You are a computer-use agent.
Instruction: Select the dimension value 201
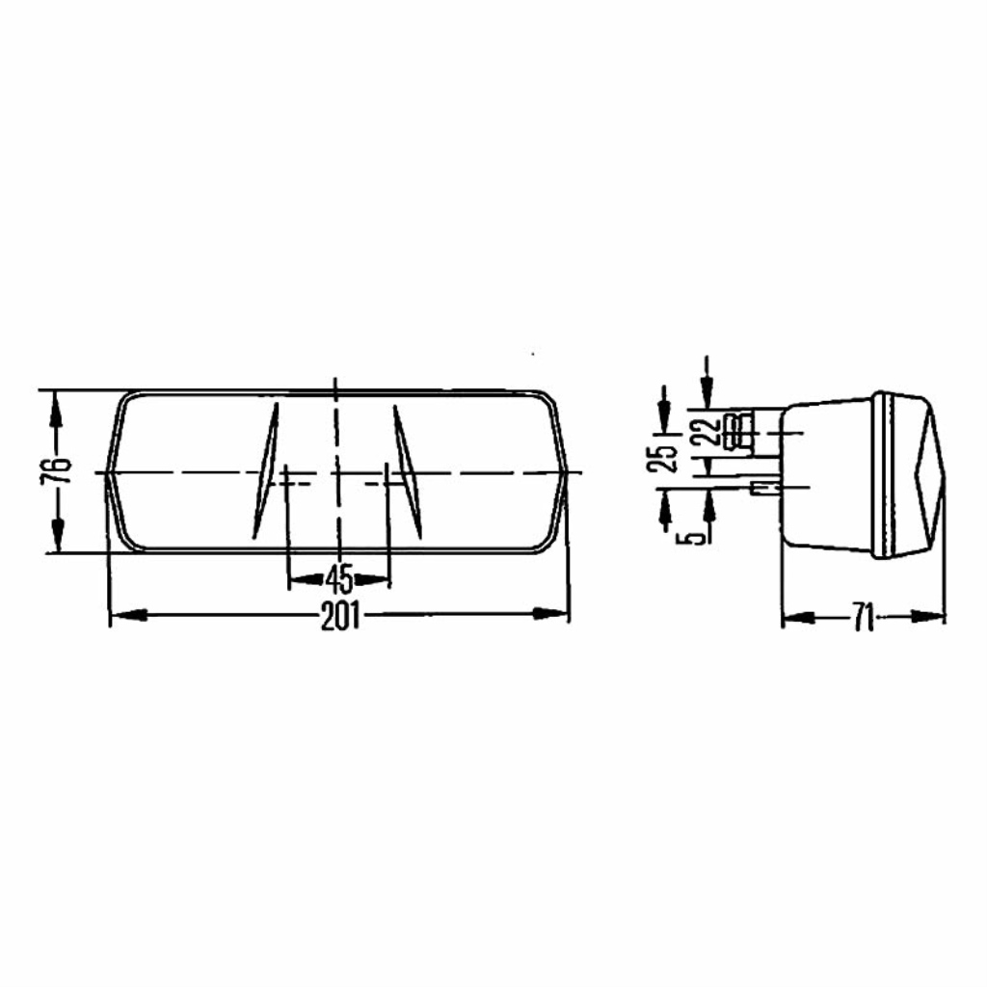340,616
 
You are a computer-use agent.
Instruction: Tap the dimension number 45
340,579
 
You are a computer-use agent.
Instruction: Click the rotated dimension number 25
663,459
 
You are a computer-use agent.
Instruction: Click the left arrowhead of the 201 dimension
128,616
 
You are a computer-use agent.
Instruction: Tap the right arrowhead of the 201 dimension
550,614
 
